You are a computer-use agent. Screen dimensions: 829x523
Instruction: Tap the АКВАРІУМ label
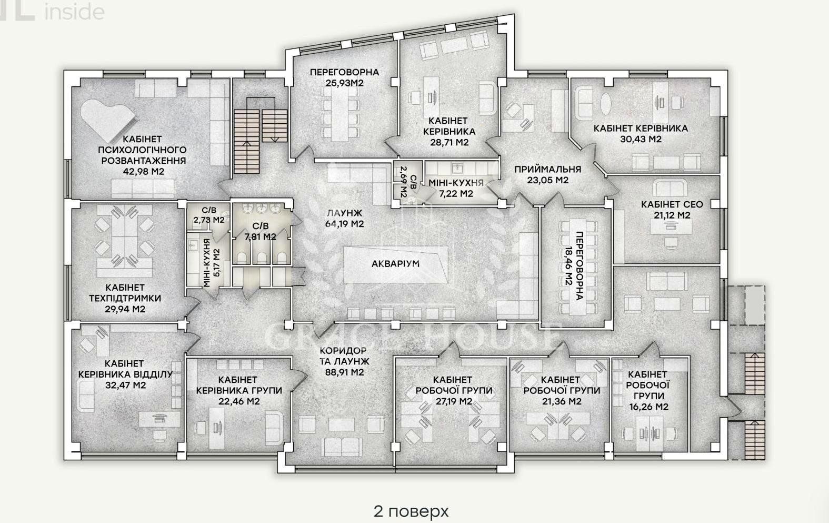[x=395, y=264]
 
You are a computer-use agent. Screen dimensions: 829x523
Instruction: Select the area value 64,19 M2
[x=345, y=224]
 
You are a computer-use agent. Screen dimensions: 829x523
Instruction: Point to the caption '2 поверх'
[x=411, y=511]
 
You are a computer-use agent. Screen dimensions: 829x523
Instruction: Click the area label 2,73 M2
[x=209, y=220]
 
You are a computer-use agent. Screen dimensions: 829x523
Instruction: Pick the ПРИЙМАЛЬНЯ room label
[x=548, y=170]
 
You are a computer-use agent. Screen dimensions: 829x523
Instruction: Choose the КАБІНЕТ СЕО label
[x=672, y=204]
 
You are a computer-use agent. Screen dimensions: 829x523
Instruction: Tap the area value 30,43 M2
[x=641, y=139]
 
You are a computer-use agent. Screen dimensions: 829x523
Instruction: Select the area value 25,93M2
[x=345, y=83]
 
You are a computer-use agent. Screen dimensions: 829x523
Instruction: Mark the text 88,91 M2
[x=345, y=372]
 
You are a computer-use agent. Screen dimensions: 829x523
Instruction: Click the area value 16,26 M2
[x=649, y=407]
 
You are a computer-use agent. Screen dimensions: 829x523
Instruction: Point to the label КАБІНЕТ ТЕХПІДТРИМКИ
[x=125, y=293]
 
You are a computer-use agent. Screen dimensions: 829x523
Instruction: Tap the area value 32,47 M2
[x=125, y=385]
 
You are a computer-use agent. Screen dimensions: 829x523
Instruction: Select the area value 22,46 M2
[x=239, y=401]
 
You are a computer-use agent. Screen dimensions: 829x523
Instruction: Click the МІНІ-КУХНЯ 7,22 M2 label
[x=456, y=188]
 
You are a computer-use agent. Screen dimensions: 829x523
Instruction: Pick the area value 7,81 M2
[x=261, y=236]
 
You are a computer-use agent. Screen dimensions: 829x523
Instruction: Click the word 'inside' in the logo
[x=74, y=12]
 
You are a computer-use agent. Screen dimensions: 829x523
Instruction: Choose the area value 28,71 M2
[x=450, y=143]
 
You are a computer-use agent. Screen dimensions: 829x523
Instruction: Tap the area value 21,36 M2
[x=562, y=401]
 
